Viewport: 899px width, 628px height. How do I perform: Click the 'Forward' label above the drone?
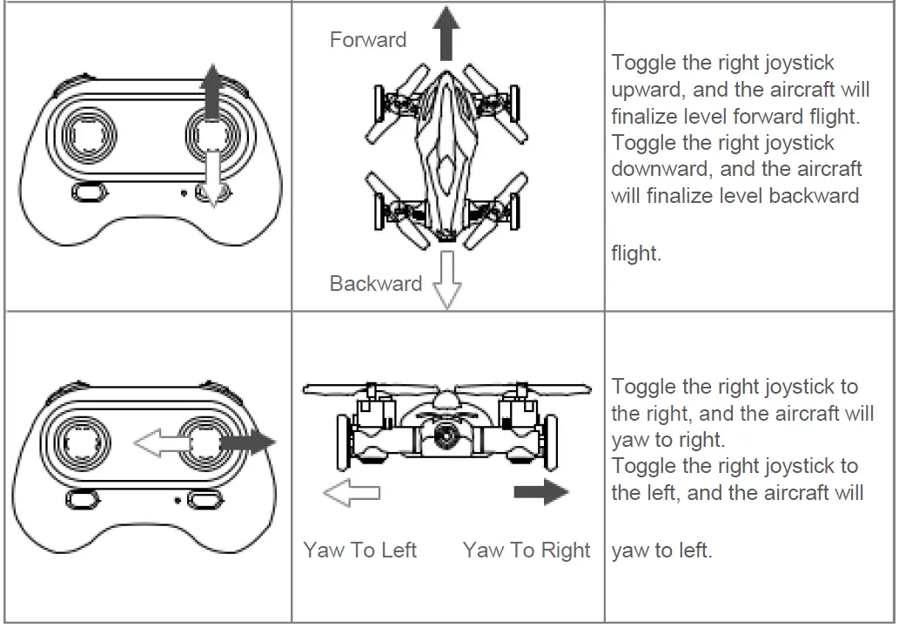coord(367,40)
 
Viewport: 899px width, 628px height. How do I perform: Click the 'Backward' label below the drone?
coord(375,283)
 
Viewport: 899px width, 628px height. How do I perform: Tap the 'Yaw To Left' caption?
coord(359,550)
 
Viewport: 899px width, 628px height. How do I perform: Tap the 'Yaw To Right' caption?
coord(527,550)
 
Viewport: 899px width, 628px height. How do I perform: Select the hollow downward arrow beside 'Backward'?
coord(446,280)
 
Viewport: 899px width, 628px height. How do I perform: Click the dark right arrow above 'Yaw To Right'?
coord(540,493)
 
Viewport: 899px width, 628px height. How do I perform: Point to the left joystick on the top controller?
coord(88,136)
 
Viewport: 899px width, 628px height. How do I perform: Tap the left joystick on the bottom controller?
coord(88,442)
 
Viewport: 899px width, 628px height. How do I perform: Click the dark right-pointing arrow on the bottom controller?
coord(249,442)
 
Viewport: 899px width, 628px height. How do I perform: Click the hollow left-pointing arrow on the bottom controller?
coord(160,444)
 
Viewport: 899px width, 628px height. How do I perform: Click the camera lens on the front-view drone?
coord(446,436)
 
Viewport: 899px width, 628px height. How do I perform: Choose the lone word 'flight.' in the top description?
coord(636,254)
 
